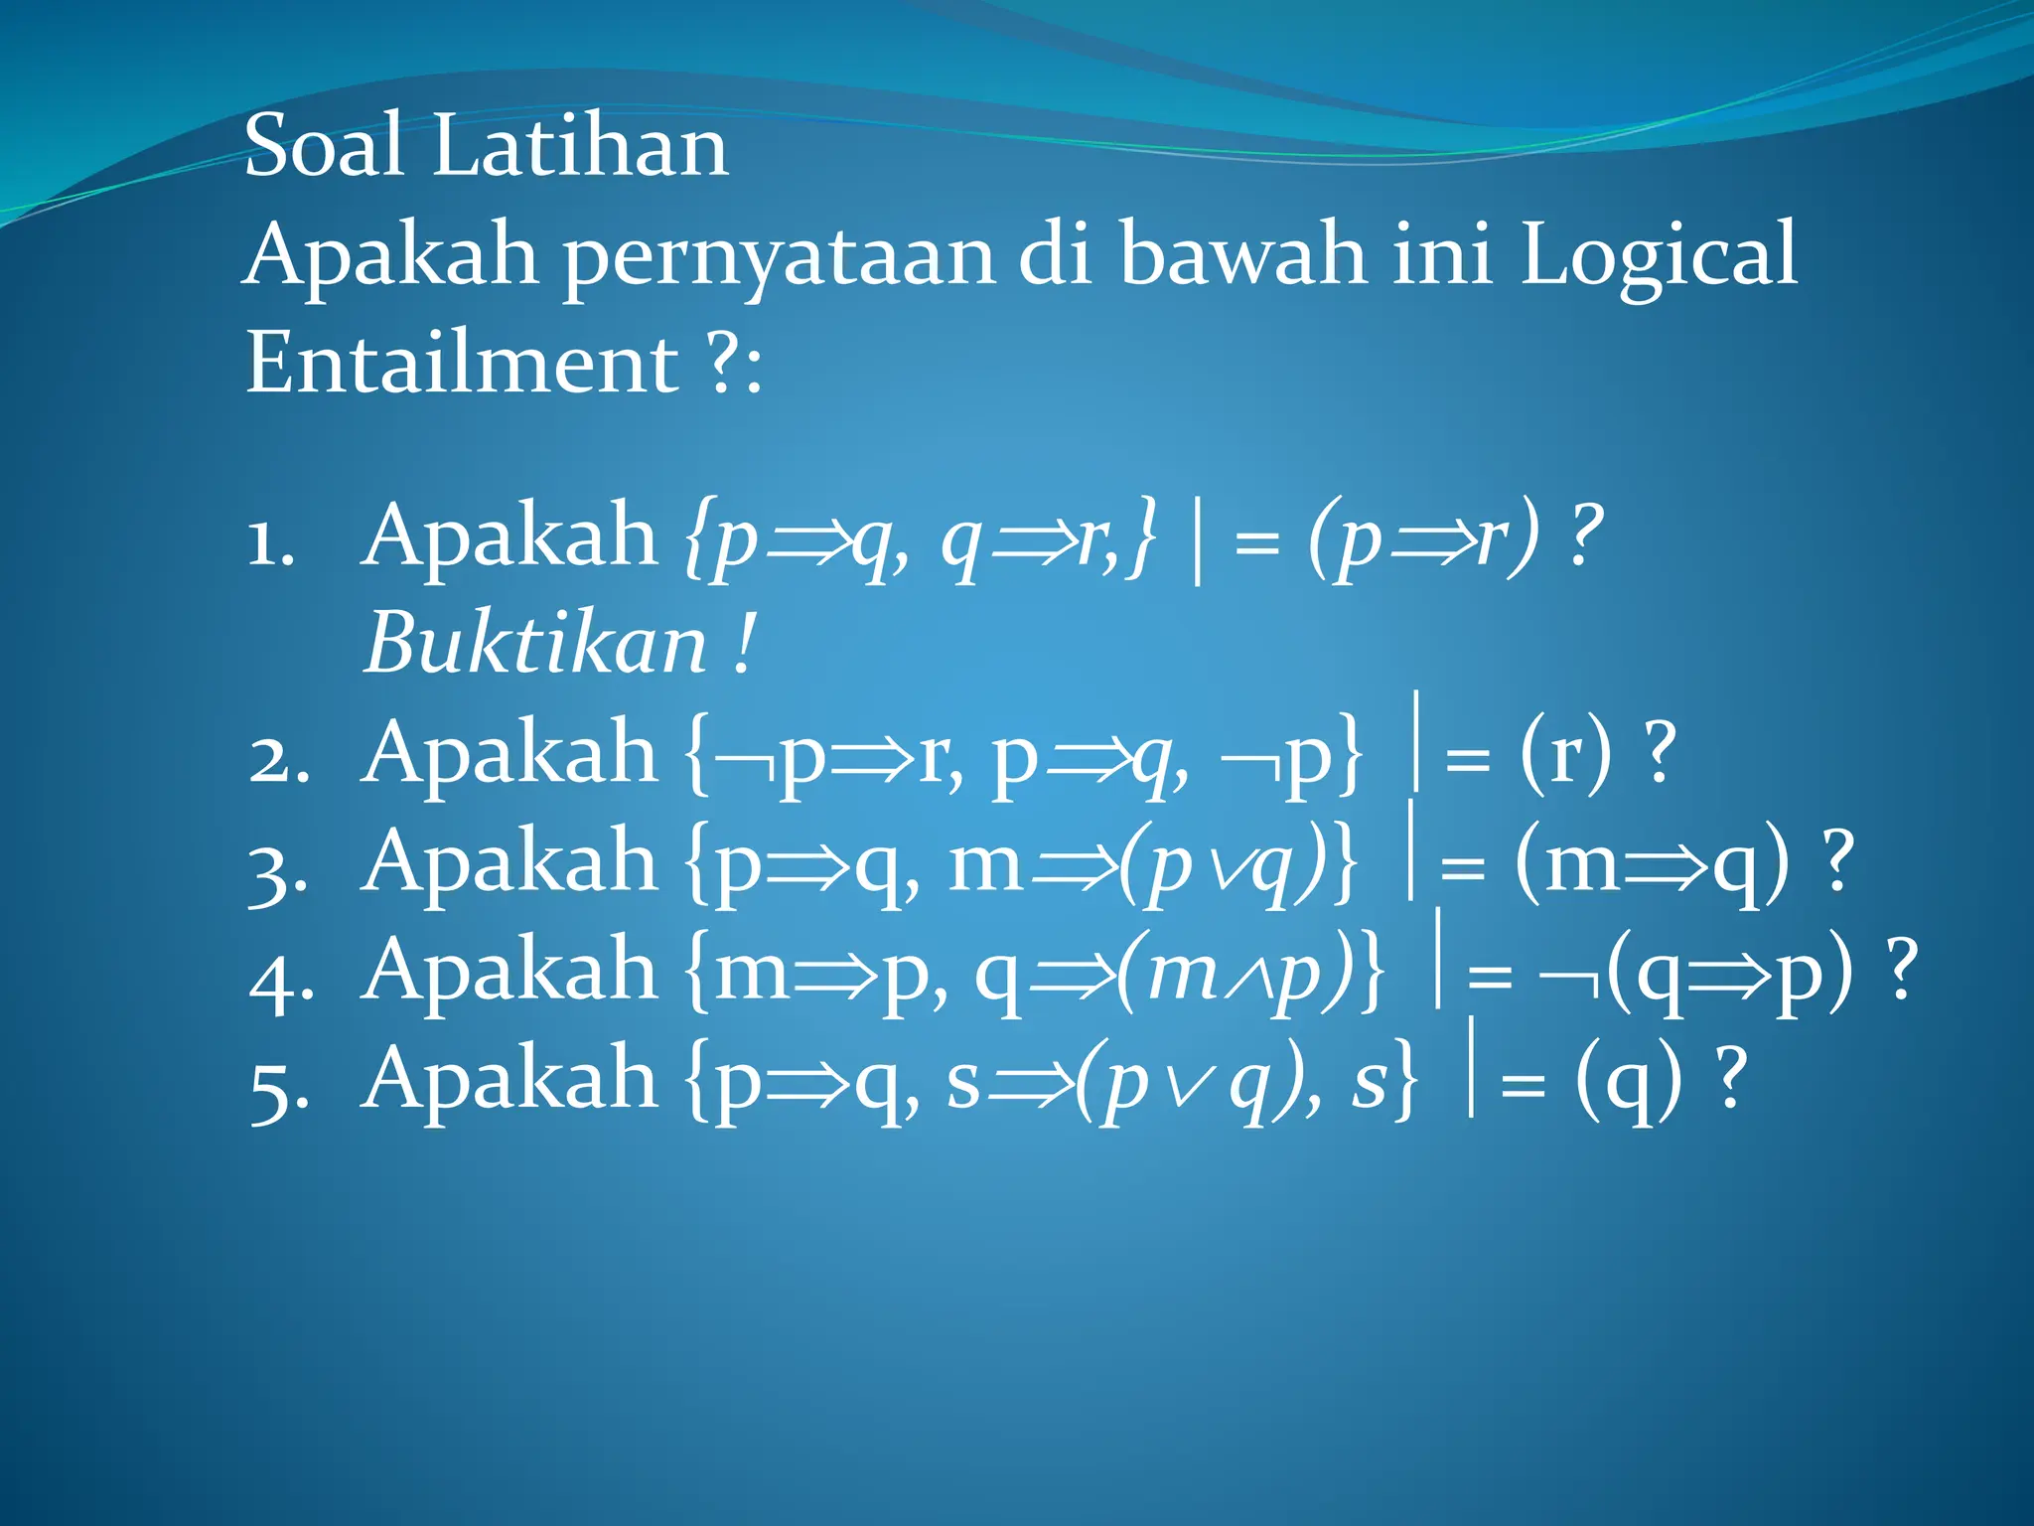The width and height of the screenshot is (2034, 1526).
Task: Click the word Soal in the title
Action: pyautogui.click(x=324, y=146)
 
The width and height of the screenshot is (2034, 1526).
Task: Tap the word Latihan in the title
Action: pyautogui.click(x=580, y=146)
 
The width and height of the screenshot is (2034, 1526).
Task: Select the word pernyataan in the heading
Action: pyautogui.click(x=781, y=256)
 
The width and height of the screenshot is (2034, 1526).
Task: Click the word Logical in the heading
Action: pyautogui.click(x=1659, y=256)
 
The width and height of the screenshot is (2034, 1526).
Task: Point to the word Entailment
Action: pyautogui.click(x=462, y=363)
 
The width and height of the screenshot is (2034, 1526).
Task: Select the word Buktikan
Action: pyautogui.click(x=536, y=644)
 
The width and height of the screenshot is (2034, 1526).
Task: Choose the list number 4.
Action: pyautogui.click(x=281, y=980)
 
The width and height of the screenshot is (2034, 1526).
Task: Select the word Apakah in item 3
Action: pyautogui.click(x=509, y=864)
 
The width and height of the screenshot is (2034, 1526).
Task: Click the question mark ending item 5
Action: pyautogui.click(x=1731, y=1079)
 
